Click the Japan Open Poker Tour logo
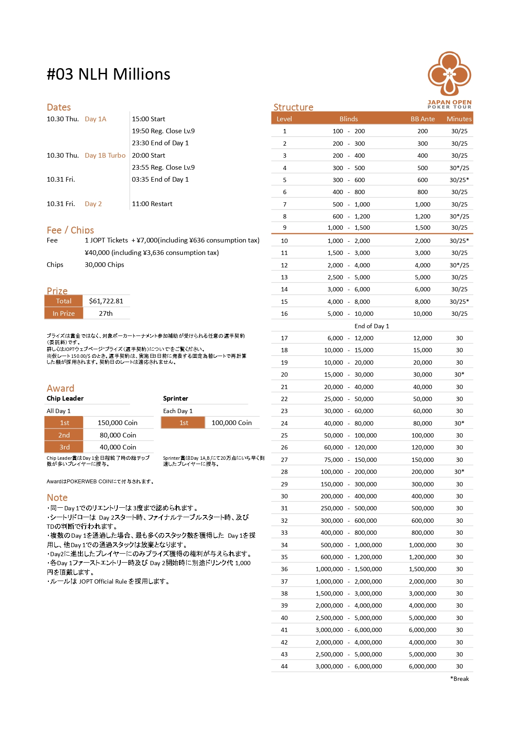point(449,79)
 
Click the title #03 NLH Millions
point(108,75)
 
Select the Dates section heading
point(59,107)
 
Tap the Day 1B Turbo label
point(105,156)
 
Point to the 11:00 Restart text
point(152,204)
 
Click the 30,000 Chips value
point(104,265)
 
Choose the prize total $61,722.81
point(106,301)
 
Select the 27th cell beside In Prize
point(106,314)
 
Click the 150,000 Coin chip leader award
point(117,423)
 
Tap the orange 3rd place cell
point(64,447)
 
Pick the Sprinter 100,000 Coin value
point(232,423)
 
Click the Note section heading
point(57,497)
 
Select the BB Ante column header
point(423,119)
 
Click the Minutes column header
point(459,119)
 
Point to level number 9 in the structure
point(284,228)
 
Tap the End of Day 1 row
point(372,326)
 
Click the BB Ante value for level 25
point(423,435)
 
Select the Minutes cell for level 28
point(459,472)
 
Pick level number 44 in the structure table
point(284,666)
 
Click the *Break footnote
point(459,679)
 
